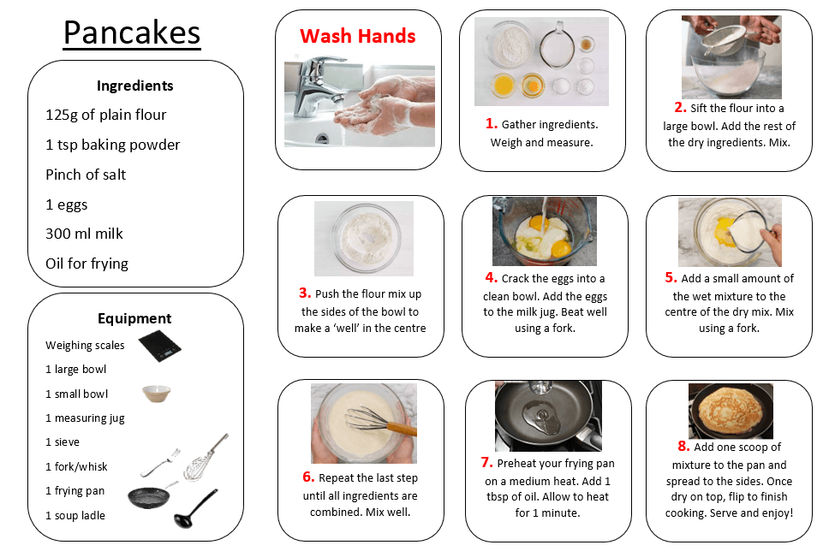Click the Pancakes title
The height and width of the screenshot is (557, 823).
(132, 33)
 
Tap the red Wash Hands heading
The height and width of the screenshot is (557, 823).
(357, 36)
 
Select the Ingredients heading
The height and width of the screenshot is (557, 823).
(135, 86)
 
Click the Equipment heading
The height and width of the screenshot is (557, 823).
(134, 318)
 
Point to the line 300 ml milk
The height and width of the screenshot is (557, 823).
(84, 234)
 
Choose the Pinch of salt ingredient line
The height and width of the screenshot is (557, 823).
(86, 175)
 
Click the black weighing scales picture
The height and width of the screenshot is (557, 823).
(159, 346)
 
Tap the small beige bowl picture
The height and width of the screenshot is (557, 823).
(157, 394)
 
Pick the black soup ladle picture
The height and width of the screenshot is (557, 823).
(194, 508)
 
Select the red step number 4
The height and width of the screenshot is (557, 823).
(491, 277)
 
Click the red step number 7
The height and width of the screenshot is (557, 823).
(486, 462)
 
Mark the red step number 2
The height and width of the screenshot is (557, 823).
(680, 107)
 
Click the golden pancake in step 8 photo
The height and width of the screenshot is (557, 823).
(731, 412)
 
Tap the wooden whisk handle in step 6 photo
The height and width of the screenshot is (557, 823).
(402, 428)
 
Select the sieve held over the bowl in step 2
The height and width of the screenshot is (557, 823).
(725, 39)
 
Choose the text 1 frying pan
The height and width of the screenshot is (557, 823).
(75, 491)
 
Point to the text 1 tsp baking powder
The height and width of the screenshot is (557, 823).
(112, 145)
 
